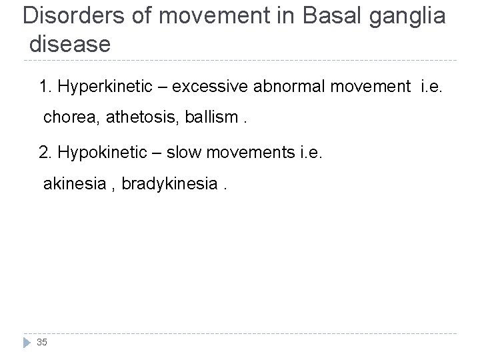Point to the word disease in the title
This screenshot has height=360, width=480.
[69, 45]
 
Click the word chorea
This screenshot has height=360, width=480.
[68, 118]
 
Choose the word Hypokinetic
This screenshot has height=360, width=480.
[100, 153]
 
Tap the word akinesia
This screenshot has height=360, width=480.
[72, 183]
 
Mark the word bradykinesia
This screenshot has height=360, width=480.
[169, 183]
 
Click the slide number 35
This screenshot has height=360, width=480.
[42, 342]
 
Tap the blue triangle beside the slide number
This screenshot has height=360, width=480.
[26, 342]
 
